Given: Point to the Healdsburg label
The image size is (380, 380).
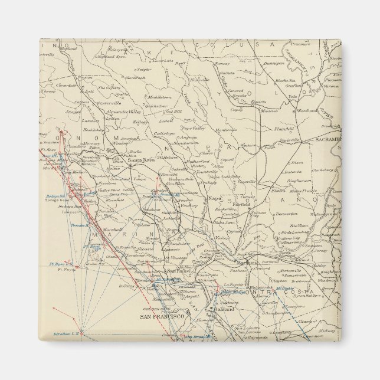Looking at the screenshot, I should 77,131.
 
